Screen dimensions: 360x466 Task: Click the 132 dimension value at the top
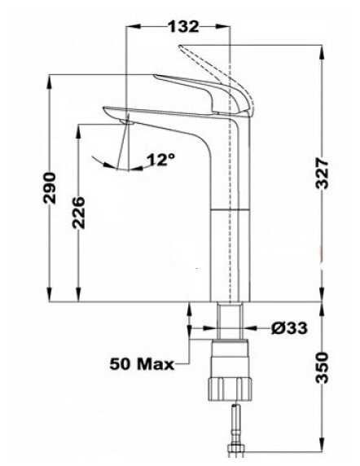click(183, 26)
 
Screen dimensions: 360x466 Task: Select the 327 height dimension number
click(322, 174)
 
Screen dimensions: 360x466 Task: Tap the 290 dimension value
click(50, 188)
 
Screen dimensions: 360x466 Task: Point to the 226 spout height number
click(78, 212)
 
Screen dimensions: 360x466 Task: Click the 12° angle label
click(160, 160)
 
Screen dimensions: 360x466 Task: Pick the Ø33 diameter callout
click(289, 328)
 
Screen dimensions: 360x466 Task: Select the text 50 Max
click(142, 363)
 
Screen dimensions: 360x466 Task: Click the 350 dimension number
click(323, 367)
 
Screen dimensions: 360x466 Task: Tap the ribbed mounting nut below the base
click(230, 389)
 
